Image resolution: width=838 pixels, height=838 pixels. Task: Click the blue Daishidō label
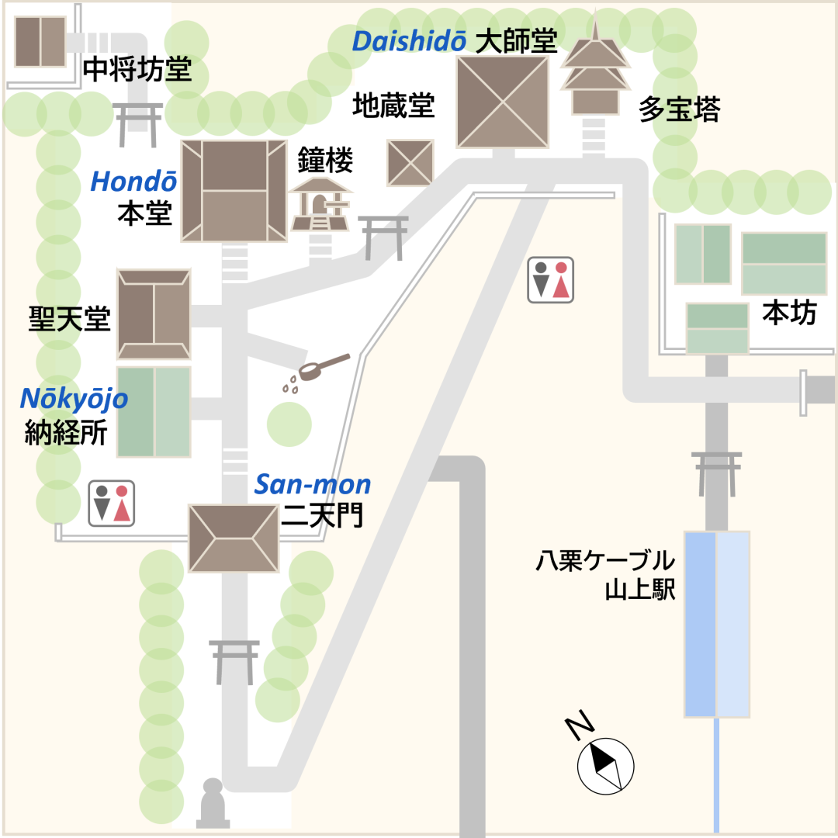coord(408,41)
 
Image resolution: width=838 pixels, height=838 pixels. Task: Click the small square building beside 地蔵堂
coord(410,163)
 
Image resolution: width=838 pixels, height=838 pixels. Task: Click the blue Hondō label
coord(133,182)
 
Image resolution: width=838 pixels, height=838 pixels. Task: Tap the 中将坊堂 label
coord(137,71)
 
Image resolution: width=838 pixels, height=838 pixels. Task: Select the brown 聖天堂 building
coord(154,314)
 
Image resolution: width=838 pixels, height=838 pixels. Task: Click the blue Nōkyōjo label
coord(74,399)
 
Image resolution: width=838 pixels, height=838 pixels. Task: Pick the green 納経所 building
coord(154,411)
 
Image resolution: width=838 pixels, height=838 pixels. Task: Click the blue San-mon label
coord(313,485)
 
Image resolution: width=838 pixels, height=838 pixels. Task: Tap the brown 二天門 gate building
coord(234,538)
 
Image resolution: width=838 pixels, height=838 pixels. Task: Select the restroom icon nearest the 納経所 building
coord(112,503)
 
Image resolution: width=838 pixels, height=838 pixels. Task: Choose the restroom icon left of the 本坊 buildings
coord(551,279)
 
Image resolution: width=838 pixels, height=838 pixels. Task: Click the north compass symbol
coord(605,764)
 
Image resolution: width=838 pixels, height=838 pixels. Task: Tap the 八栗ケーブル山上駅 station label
coord(604,575)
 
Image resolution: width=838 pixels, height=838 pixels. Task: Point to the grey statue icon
coord(213,804)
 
